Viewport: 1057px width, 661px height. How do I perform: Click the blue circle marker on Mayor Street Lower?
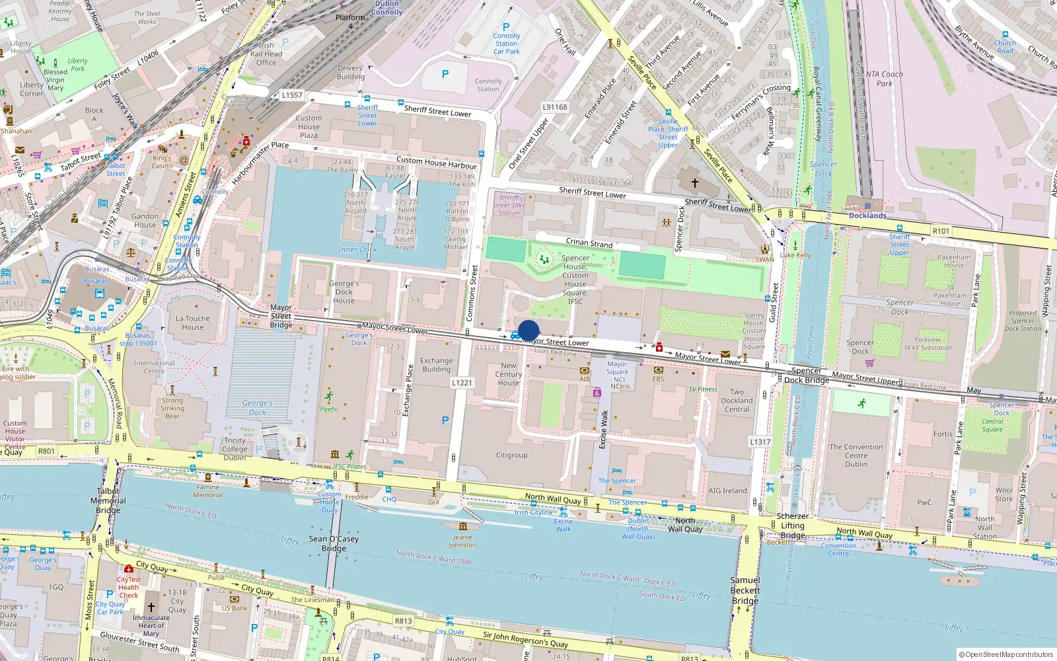point(528,330)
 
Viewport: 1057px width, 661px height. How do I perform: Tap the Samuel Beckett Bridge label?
point(745,590)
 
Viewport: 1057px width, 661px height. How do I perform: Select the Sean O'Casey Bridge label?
point(334,543)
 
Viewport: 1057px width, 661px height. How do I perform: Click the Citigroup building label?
point(511,455)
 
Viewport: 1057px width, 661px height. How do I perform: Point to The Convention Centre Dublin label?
point(856,455)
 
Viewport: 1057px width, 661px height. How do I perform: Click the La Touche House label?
point(193,323)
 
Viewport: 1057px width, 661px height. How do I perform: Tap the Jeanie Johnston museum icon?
point(462,527)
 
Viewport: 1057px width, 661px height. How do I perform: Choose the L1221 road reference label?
point(462,383)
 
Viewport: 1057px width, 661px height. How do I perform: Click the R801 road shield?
point(46,451)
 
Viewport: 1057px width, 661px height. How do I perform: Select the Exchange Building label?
point(436,365)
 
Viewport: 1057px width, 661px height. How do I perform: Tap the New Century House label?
point(509,374)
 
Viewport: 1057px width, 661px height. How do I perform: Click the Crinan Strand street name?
point(589,243)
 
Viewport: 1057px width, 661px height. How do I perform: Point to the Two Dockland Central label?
point(737,401)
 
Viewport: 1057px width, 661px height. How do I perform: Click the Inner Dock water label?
point(357,250)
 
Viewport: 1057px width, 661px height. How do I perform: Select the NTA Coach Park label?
point(884,79)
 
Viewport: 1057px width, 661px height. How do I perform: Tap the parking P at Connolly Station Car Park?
point(506,27)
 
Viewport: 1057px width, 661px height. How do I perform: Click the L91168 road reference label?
point(555,107)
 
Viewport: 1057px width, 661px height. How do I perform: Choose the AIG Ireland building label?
point(727,490)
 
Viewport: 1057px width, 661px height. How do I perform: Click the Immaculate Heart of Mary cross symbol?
point(151,607)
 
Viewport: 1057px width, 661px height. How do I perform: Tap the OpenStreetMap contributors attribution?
point(1006,654)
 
